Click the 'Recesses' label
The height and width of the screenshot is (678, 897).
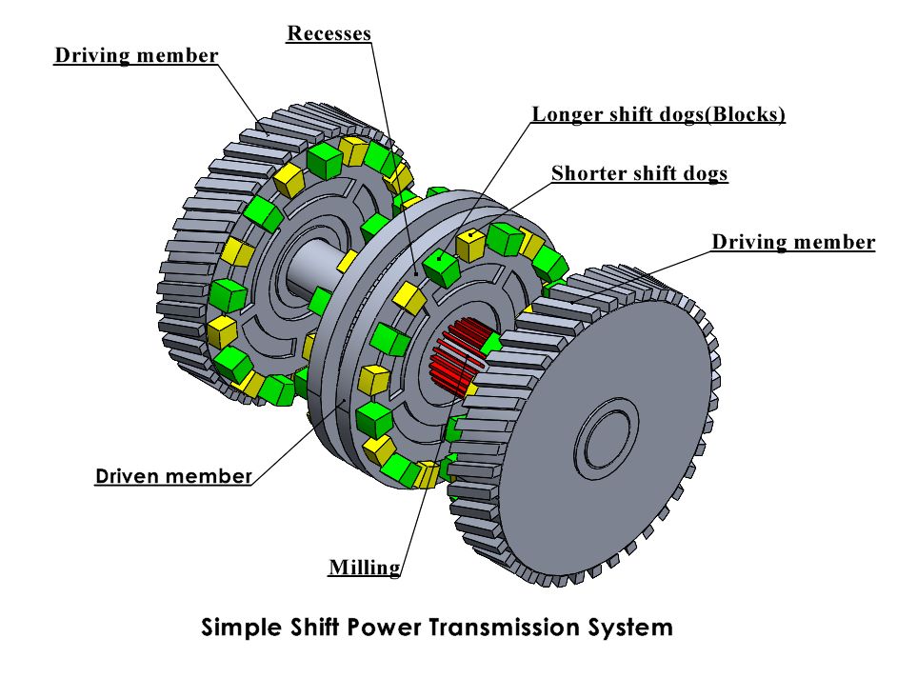[329, 34]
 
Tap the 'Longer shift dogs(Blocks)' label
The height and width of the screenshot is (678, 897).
[658, 115]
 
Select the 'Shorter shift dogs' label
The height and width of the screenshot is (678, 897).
[639, 173]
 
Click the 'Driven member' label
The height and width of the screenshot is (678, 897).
[173, 475]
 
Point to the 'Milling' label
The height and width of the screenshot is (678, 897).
[364, 568]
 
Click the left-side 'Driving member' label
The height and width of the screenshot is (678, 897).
[136, 54]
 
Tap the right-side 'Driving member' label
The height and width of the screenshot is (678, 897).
[793, 242]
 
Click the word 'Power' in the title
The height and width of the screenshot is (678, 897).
[389, 628]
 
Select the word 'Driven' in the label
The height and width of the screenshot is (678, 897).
[134, 475]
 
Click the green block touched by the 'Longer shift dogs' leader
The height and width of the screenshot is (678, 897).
[439, 268]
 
